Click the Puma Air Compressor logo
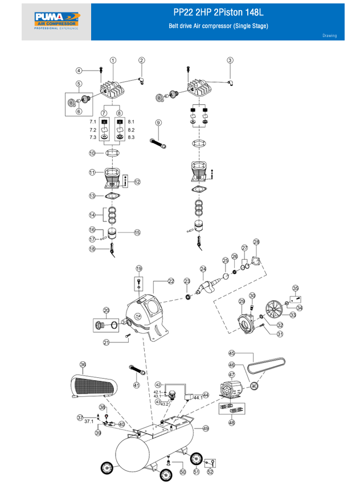56,21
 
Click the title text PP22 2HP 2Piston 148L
218,13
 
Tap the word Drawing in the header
330,36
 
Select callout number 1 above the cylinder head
113,60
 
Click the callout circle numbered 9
158,122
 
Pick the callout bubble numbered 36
83,365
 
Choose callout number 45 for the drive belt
232,353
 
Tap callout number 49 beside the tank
206,428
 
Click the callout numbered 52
210,471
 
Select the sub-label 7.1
92,122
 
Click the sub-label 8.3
131,137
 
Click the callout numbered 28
256,242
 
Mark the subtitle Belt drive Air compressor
218,26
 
